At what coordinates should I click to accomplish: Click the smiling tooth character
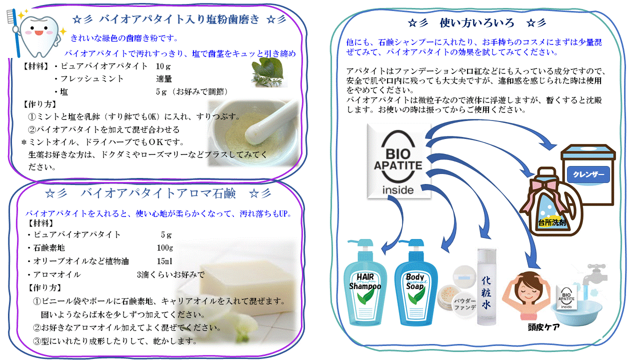pyautogui.click(x=39, y=35)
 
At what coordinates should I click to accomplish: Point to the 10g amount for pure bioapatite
pyautogui.click(x=163, y=66)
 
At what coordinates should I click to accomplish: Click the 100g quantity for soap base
pyautogui.click(x=165, y=247)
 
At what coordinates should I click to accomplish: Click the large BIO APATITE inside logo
pyautogui.click(x=398, y=161)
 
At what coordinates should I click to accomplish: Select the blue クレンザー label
pyautogui.click(x=588, y=174)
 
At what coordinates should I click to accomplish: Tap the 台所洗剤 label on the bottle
pyautogui.click(x=551, y=222)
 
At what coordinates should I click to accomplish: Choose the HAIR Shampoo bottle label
pyautogui.click(x=365, y=281)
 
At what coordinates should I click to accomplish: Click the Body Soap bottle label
pyautogui.click(x=415, y=281)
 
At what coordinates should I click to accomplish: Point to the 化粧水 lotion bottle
pyautogui.click(x=486, y=287)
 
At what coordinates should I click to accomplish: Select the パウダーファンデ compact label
pyautogui.click(x=465, y=304)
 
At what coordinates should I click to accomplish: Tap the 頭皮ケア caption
pyautogui.click(x=543, y=327)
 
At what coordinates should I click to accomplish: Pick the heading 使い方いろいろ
pyautogui.click(x=477, y=23)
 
